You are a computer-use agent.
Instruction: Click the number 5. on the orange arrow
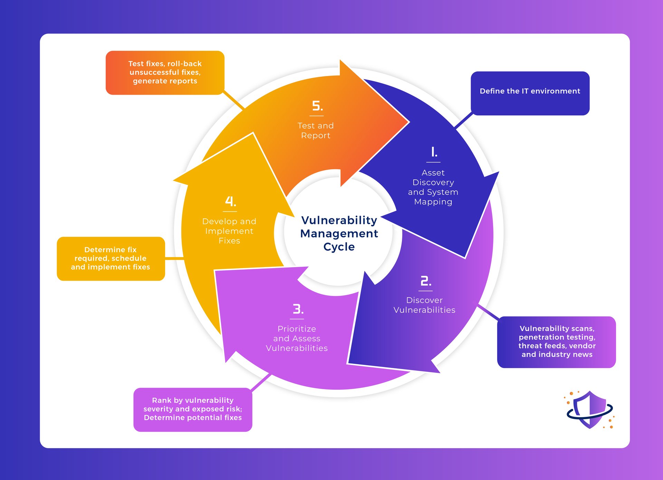pos(317,106)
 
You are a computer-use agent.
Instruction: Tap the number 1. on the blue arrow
pos(434,152)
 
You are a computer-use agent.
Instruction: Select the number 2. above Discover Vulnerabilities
pos(425,281)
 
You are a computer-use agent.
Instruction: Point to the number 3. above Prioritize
pos(298,309)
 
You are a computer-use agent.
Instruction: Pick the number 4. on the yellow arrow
pos(230,201)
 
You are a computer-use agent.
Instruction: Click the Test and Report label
pos(316,131)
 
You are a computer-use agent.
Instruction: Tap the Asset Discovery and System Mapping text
pos(433,187)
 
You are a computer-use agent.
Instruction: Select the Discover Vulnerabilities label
pos(424,305)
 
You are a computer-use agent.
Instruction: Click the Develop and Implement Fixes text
pos(229,231)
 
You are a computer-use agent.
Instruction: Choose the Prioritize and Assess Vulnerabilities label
pos(297,339)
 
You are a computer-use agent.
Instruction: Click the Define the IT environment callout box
pos(530,93)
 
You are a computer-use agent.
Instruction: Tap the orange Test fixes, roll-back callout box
pos(165,73)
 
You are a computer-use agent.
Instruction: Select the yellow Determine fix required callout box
pos(110,258)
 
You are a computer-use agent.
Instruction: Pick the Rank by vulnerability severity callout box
pos(193,410)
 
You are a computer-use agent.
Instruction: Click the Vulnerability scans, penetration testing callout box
pos(556,342)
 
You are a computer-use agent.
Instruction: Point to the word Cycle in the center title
pos(339,247)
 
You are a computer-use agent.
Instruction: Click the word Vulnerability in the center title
pos(339,220)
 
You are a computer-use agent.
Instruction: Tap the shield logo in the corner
pos(589,410)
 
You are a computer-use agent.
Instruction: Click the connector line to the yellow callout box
pos(174,258)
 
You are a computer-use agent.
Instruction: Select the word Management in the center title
pos(339,234)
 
